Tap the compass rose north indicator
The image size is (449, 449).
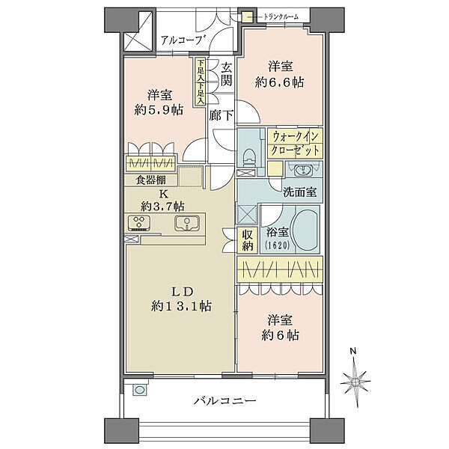pyautogui.click(x=358, y=373)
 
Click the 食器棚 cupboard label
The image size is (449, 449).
pyautogui.click(x=150, y=180)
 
